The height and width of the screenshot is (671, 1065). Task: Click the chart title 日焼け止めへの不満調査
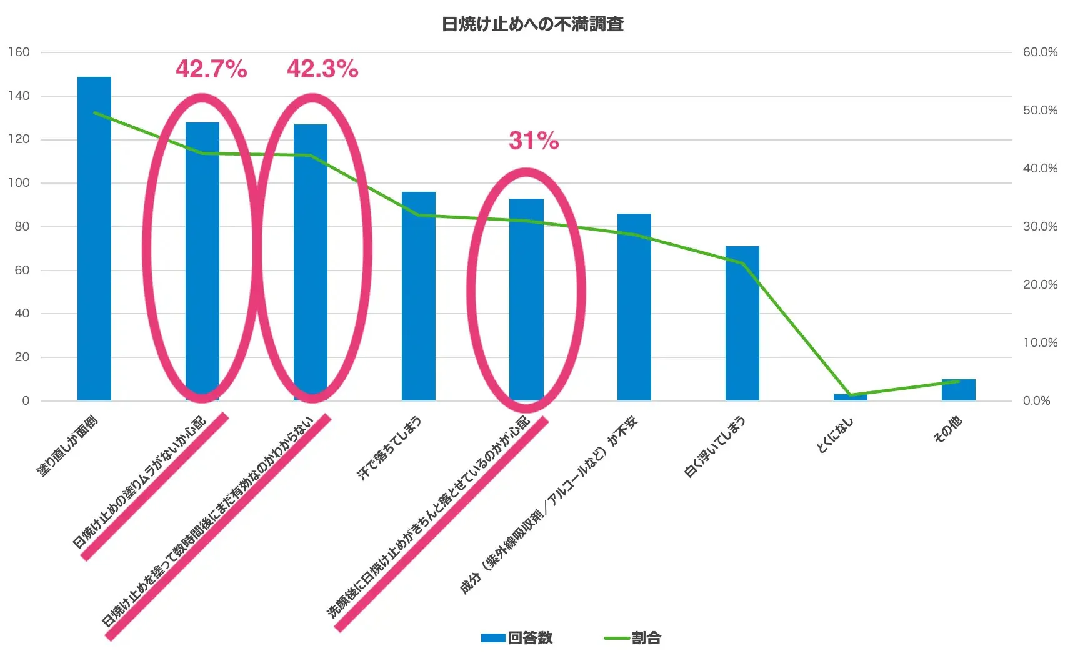pos(532,24)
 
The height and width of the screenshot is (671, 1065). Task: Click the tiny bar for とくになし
pos(850,397)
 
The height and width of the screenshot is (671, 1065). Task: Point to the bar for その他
pos(958,390)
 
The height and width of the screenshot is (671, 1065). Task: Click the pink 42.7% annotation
pos(211,69)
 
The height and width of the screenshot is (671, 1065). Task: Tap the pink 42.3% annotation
pos(322,69)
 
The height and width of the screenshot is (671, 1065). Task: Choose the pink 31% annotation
pos(534,141)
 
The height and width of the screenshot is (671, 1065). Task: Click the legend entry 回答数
pos(517,638)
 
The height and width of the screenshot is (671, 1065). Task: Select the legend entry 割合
pos(633,638)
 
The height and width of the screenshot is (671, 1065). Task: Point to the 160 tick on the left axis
pos(19,52)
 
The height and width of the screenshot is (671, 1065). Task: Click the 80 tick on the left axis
pos(22,227)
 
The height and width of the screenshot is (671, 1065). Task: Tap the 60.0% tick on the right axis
pos(1039,52)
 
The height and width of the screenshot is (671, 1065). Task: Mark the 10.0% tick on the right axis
pos(1039,342)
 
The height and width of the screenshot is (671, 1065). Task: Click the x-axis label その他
pos(947,430)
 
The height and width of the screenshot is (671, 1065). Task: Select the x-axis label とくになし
pos(834,435)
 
